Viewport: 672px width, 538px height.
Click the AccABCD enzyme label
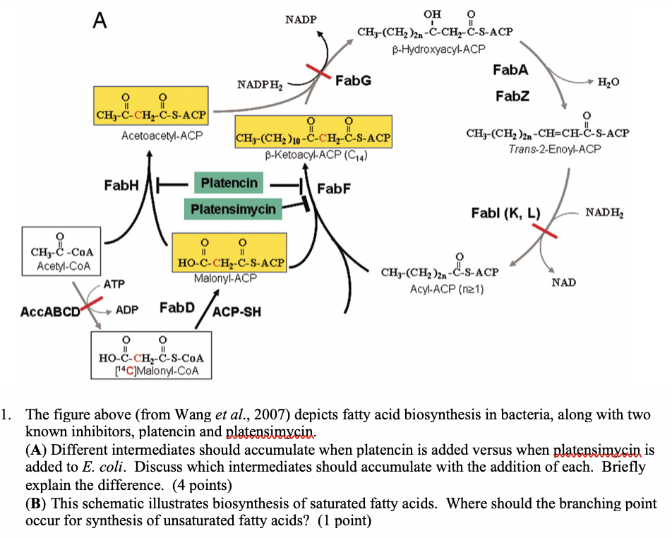point(50,311)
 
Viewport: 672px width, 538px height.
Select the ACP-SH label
point(236,311)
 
